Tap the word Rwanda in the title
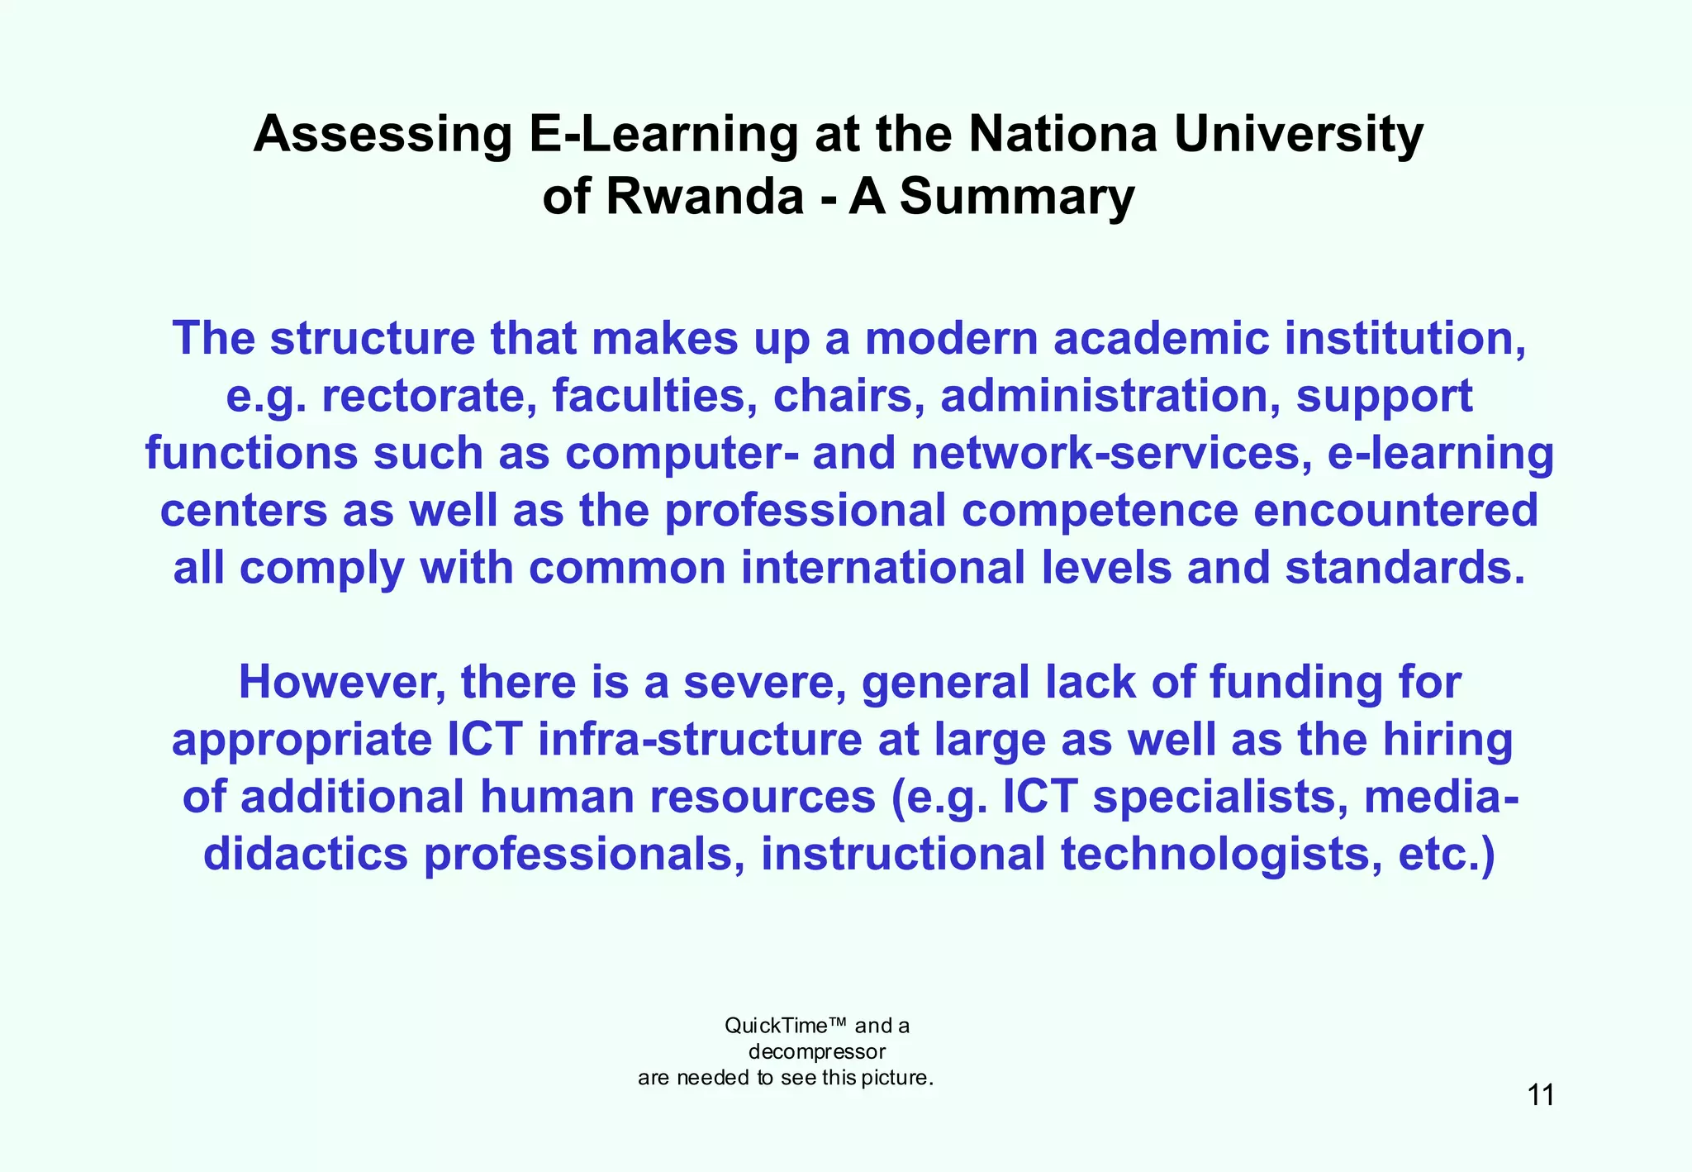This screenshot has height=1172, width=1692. (705, 198)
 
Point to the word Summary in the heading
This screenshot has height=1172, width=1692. (1017, 198)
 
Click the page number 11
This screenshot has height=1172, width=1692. (1541, 1095)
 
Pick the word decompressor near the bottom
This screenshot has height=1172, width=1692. (816, 1052)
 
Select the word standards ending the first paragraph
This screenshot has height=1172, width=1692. (1404, 569)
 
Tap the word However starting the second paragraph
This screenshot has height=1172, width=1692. (342, 683)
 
